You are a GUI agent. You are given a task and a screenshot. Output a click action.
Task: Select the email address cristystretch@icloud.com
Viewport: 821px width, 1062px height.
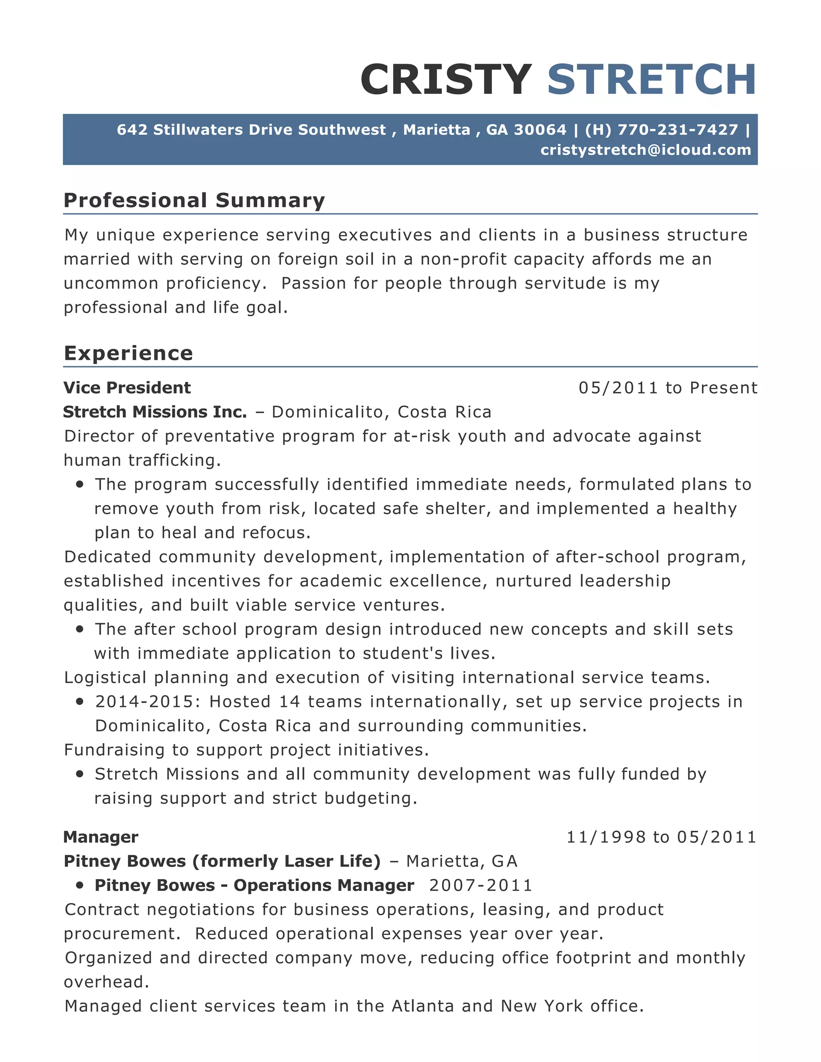click(645, 150)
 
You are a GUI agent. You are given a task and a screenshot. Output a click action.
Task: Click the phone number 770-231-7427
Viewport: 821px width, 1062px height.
click(677, 130)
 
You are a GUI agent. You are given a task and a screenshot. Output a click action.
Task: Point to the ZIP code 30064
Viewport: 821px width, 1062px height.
click(540, 130)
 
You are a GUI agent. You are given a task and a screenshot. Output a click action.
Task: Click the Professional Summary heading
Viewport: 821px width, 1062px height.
click(194, 200)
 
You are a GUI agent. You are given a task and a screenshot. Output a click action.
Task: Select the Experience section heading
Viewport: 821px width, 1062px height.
click(128, 353)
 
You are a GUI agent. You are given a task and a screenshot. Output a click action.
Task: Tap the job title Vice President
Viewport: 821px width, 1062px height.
click(127, 388)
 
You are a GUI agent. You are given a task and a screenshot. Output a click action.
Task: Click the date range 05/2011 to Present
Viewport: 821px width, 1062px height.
click(668, 388)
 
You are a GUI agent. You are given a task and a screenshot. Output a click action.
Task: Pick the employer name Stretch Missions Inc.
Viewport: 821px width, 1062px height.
click(155, 412)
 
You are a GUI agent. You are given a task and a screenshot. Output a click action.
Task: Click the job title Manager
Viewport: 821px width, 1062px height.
click(101, 837)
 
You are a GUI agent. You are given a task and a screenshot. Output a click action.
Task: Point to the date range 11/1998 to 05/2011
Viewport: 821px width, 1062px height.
click(661, 837)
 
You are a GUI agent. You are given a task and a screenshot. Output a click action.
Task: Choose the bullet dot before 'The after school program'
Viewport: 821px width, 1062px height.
click(80, 629)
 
